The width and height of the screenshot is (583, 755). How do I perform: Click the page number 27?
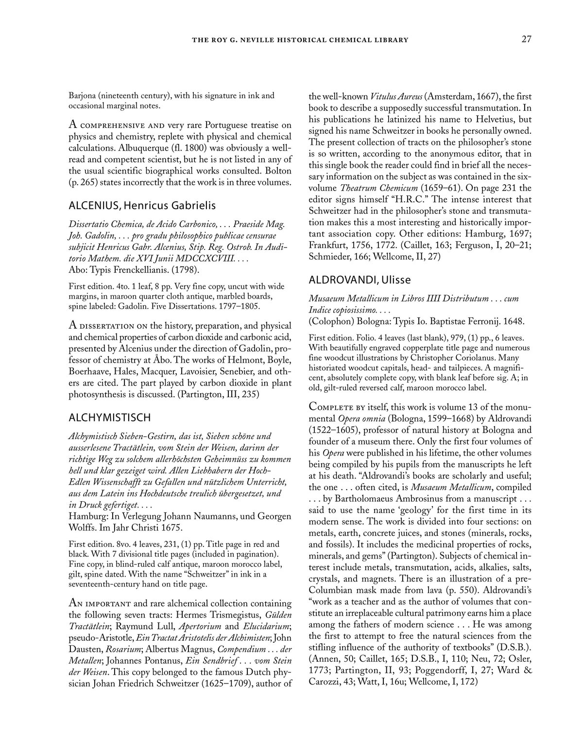526,39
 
